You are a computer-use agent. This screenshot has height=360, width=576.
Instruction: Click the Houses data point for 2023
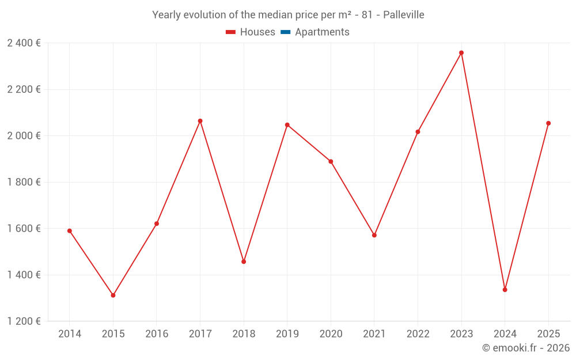click(461, 53)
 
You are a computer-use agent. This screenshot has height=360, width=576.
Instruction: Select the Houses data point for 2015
click(113, 295)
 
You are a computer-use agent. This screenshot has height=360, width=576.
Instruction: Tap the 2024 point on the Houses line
click(505, 290)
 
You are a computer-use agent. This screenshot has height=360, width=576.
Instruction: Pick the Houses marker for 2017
click(200, 121)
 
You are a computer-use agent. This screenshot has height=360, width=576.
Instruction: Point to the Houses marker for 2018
click(244, 262)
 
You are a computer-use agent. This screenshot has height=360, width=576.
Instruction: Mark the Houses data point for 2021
click(374, 235)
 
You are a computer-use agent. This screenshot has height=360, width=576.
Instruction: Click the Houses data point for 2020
click(331, 161)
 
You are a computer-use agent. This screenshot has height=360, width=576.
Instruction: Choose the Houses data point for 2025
click(548, 123)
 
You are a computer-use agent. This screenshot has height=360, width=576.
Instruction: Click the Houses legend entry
click(251, 32)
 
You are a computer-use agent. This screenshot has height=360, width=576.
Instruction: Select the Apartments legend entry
click(315, 32)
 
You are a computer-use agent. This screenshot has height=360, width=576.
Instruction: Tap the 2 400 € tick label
click(24, 43)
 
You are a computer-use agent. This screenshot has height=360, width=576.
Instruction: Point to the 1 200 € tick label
click(24, 321)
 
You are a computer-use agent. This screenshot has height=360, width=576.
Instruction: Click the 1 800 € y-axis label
click(24, 182)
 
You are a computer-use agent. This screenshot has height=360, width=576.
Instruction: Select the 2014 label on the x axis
click(70, 334)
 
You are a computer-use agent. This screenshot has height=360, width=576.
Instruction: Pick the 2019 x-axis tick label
click(287, 334)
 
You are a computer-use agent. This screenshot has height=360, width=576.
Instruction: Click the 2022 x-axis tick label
click(418, 334)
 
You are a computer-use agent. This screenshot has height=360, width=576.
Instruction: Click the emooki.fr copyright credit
click(526, 348)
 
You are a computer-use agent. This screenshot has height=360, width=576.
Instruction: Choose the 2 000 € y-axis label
click(24, 136)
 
